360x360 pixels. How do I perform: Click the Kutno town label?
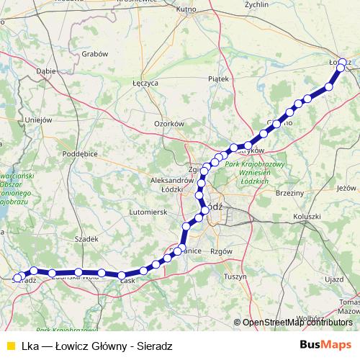[x=186, y=9]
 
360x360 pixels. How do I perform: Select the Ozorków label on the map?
[x=169, y=124]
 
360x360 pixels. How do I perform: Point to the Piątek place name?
[x=217, y=78]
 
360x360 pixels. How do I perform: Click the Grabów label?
[x=95, y=53]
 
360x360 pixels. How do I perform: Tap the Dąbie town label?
[x=46, y=71]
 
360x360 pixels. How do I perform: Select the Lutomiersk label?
[x=147, y=212]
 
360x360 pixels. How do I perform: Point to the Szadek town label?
[x=86, y=238]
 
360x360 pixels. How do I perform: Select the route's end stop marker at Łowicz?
[x=343, y=63]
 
